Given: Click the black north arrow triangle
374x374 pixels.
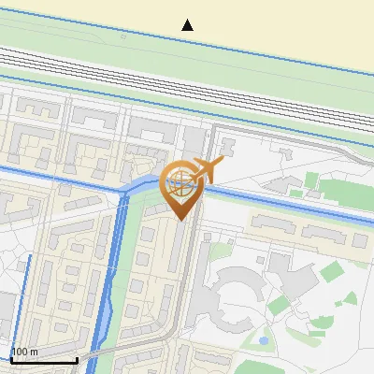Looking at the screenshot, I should coord(188,25).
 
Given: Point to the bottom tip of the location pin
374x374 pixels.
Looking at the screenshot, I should coord(180,219).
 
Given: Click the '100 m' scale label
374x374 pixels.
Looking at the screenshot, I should coord(24,352).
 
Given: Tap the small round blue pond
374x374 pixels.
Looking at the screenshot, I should coord(264,339).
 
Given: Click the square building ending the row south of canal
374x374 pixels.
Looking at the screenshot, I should coord(359,240).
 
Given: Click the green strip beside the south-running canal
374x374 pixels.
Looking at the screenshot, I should coord(135,243).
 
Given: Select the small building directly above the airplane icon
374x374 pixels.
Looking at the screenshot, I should coord(226,148).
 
